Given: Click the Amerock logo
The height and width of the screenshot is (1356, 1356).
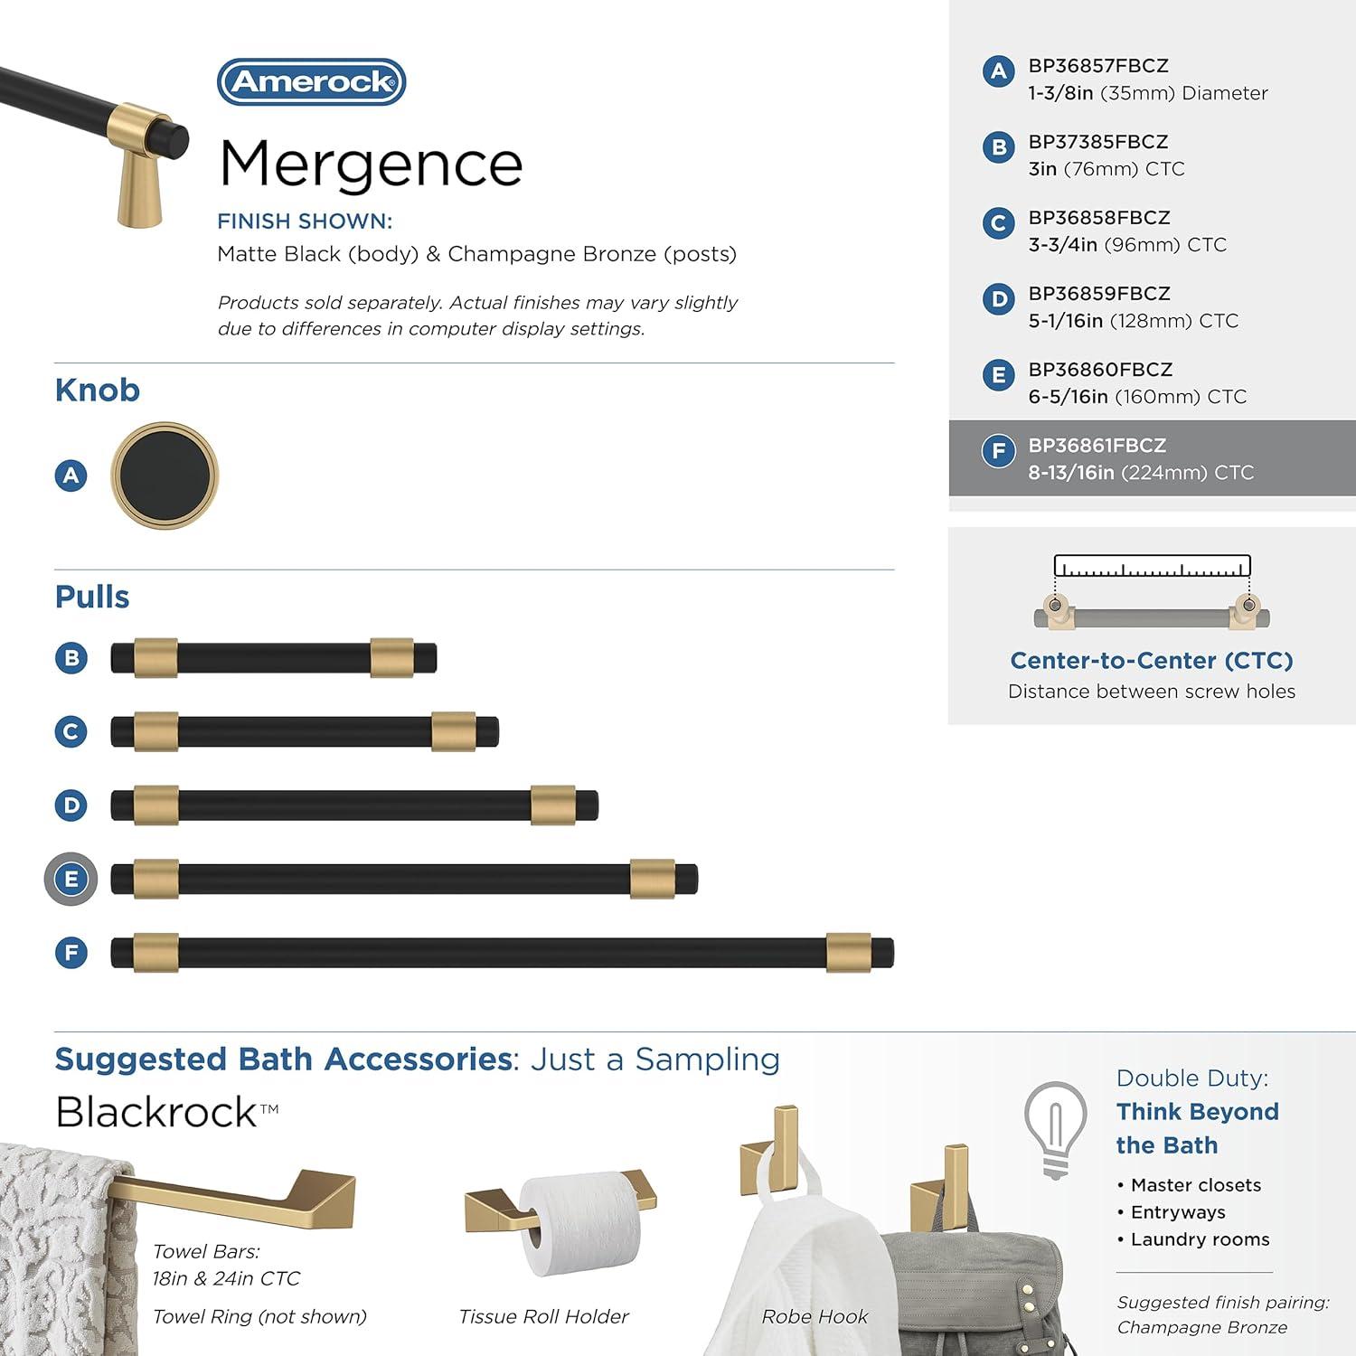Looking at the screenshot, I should pyautogui.click(x=312, y=82).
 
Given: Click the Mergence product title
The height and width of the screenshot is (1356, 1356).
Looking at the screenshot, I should pyautogui.click(x=371, y=165).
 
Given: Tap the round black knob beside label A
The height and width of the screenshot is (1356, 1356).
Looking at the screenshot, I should pyautogui.click(x=165, y=476).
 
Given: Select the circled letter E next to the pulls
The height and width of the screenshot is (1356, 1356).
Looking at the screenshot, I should pyautogui.click(x=71, y=879).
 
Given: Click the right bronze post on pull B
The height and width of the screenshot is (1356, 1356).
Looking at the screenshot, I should pyautogui.click(x=391, y=658).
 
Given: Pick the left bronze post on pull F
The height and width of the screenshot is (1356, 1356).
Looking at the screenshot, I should pyautogui.click(x=155, y=953).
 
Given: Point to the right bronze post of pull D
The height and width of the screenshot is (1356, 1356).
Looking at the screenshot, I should pyautogui.click(x=552, y=805).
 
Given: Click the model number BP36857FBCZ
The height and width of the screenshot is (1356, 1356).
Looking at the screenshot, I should pyautogui.click(x=1098, y=66).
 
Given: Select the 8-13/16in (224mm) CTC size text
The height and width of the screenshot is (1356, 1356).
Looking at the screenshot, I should pyautogui.click(x=1141, y=473).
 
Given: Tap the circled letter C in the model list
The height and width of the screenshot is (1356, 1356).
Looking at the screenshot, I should pyautogui.click(x=998, y=223).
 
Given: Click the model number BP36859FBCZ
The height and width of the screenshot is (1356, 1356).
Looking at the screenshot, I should pyautogui.click(x=1099, y=294).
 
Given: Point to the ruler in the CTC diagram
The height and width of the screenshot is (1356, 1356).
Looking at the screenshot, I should pyautogui.click(x=1152, y=567).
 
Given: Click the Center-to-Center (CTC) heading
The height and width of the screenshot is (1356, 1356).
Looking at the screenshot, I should pyautogui.click(x=1152, y=661).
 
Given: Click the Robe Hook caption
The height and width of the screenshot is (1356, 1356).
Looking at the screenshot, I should pyautogui.click(x=815, y=1317).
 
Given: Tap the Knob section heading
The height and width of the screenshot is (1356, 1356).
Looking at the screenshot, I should pyautogui.click(x=98, y=391).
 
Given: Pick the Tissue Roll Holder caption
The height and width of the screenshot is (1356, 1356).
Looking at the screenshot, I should pyautogui.click(x=543, y=1317).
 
